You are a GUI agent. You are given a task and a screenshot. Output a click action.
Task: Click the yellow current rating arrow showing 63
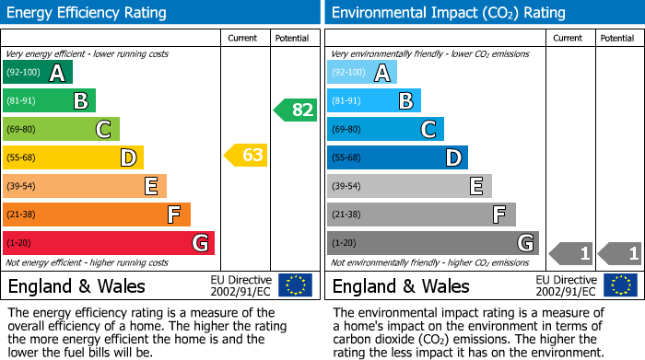pos(246,156)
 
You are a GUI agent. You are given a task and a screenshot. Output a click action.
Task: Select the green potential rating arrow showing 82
pos(295,110)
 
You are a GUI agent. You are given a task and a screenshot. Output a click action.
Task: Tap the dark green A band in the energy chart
pos(37,73)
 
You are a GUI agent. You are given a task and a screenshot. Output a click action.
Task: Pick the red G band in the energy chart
pos(108,243)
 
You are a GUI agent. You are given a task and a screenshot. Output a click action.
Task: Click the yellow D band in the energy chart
pos(73,158)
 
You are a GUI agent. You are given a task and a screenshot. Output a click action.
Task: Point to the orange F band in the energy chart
pos(96,215)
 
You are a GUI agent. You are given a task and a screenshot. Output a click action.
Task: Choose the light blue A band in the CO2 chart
pos(362,73)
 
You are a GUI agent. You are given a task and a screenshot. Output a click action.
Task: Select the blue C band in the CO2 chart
pos(385,130)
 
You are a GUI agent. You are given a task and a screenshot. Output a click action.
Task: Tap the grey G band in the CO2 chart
pos(432,243)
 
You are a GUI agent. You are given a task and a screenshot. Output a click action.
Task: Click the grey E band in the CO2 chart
pos(409,186)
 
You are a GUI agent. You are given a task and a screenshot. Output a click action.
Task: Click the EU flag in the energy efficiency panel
pos(295,285)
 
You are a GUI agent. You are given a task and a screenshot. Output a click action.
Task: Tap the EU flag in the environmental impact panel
pos(621,285)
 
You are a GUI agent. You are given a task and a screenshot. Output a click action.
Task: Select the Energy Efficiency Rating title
pos(88,13)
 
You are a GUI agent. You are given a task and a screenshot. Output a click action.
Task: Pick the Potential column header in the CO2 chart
pos(617,38)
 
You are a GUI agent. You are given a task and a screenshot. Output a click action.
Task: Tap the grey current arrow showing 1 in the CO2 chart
pos(571,252)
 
